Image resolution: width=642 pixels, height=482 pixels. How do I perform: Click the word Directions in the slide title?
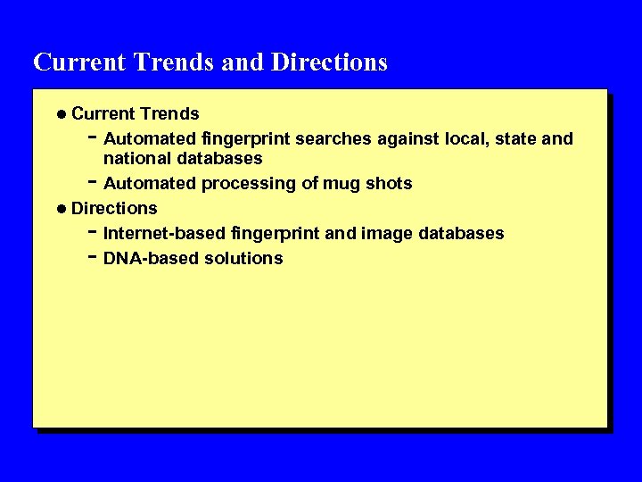[329, 62]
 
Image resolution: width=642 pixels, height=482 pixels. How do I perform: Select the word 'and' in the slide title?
[242, 62]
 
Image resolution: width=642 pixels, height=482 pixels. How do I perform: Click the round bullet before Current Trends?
[60, 114]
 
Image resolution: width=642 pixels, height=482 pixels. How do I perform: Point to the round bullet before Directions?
[60, 209]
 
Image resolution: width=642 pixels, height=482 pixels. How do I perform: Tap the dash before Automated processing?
[93, 181]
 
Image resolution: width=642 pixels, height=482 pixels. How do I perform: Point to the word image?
[384, 234]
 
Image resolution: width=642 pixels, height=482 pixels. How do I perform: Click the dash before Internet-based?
[93, 231]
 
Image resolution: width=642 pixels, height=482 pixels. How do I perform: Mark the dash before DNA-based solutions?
[93, 256]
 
